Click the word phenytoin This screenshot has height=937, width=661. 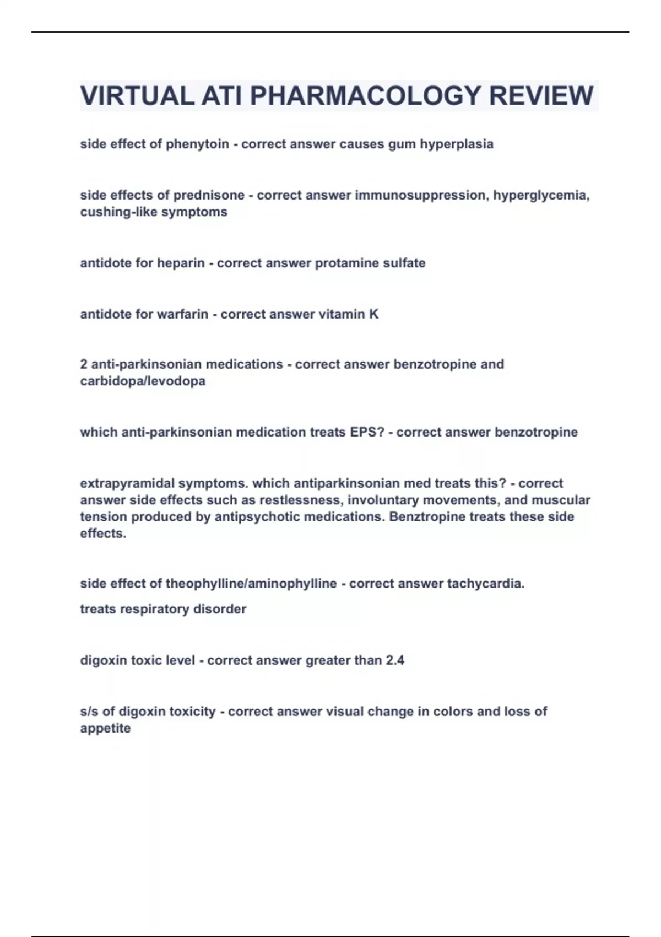(x=197, y=144)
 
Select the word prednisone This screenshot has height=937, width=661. (x=209, y=196)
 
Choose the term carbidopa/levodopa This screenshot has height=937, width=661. (x=143, y=381)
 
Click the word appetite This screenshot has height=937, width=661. (x=105, y=729)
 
